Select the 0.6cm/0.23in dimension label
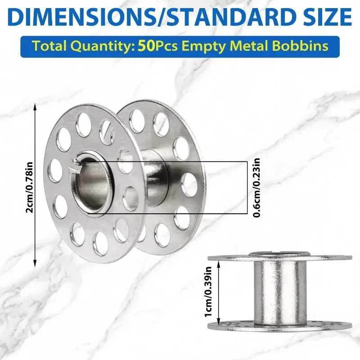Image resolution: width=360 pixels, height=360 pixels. click(257, 187)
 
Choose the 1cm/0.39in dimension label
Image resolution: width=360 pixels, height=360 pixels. click(208, 291)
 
